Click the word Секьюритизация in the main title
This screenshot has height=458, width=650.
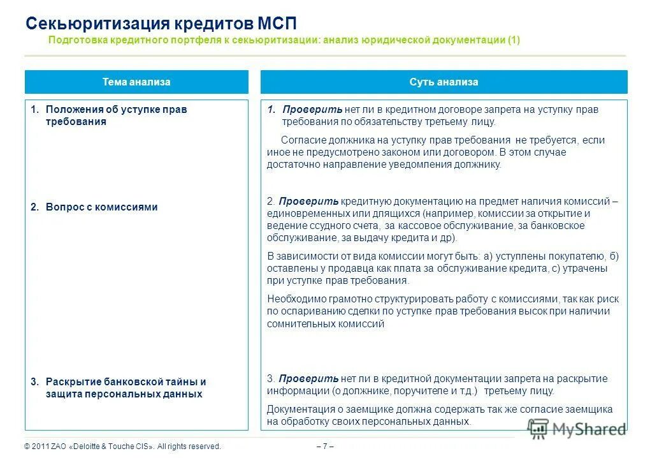96,24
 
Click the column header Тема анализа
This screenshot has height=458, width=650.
136,82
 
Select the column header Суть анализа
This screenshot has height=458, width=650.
444,82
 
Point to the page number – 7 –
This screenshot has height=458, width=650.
324,447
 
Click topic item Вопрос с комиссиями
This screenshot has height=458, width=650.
101,207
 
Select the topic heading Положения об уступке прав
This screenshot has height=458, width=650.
116,110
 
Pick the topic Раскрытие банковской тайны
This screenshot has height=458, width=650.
126,382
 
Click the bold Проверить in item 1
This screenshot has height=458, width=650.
312,110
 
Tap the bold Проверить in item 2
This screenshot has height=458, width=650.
308,202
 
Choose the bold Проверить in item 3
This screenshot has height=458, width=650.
308,379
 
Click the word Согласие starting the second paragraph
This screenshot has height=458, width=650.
303,140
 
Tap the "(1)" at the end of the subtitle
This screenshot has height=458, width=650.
514,40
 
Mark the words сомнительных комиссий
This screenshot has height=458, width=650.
326,324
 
